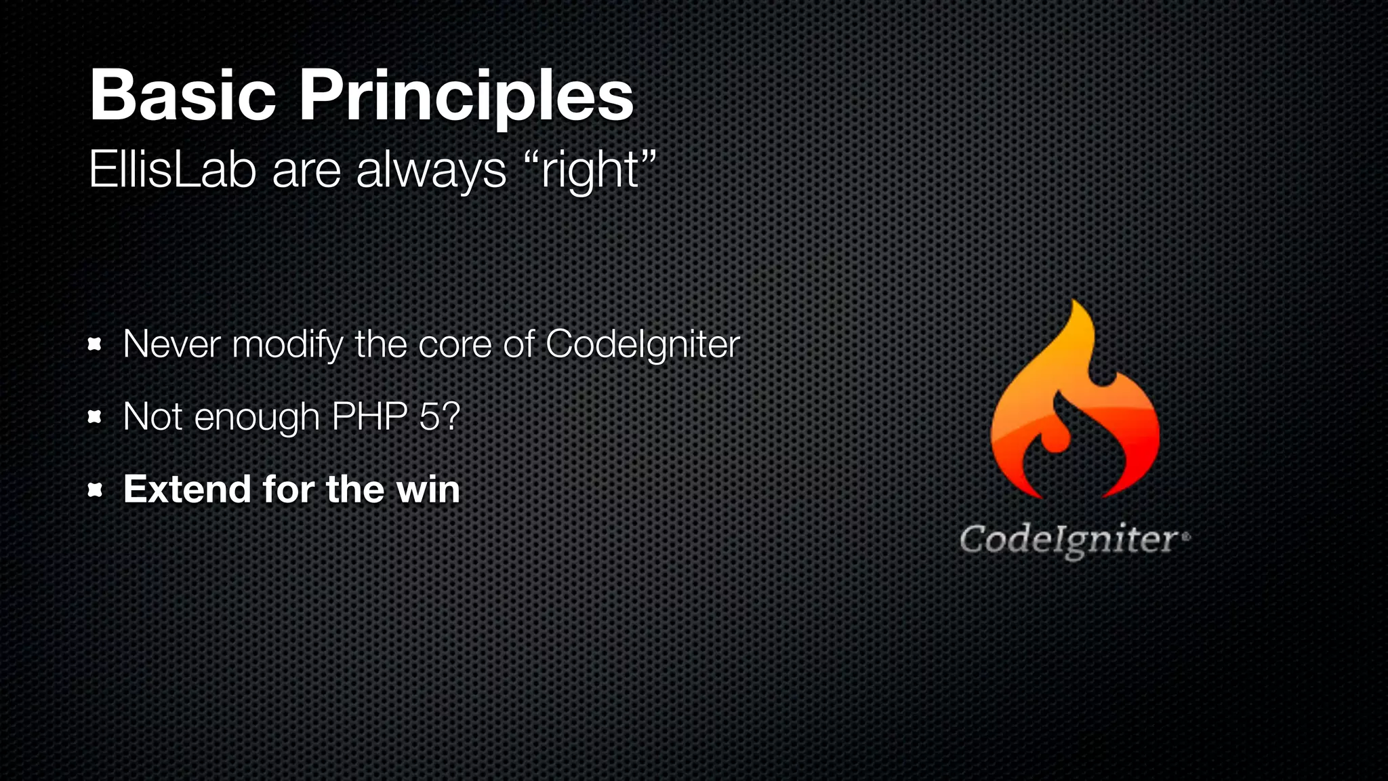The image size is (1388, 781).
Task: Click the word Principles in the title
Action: click(x=466, y=96)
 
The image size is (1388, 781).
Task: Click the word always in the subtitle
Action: click(x=431, y=171)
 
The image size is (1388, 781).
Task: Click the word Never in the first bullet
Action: click(x=171, y=344)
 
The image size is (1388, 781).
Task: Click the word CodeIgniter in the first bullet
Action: click(x=642, y=345)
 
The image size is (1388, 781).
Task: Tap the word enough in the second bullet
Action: click(x=257, y=418)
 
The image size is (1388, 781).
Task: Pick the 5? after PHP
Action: click(x=440, y=416)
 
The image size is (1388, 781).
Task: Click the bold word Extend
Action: click(x=186, y=489)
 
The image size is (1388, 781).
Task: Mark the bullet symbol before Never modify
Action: click(x=95, y=344)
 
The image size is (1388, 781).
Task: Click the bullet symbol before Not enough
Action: click(x=95, y=416)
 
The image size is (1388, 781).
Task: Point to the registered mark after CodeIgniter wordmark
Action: click(x=1185, y=536)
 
